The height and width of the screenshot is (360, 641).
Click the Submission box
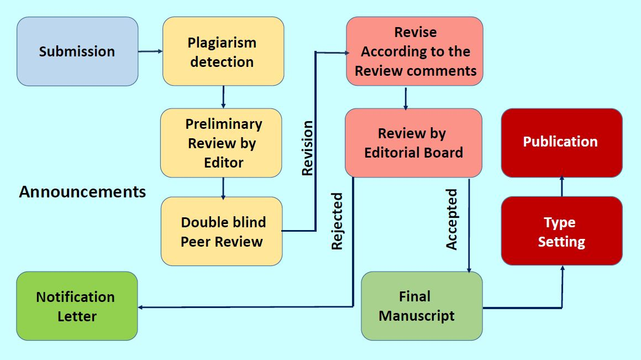pos(77,51)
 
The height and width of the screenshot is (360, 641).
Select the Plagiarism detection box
pos(223,51)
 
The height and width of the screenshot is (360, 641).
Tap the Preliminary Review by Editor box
pos(221,143)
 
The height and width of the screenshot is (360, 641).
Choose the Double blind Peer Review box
pos(222,231)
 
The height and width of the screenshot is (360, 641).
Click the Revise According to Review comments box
pos(415,51)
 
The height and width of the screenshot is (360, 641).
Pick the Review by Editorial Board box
pos(413,143)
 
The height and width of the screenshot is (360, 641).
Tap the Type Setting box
pos(561,231)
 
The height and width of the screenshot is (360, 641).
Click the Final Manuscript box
pos(422,306)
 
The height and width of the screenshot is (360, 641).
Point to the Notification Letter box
pos(77,306)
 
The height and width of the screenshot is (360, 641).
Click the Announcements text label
pos(83,192)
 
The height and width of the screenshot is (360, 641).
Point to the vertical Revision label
pos(307,148)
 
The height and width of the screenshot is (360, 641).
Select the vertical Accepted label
pos(452,220)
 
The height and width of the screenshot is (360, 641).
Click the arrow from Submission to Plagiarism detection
pos(150,51)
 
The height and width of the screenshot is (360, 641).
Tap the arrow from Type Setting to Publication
pos(561,187)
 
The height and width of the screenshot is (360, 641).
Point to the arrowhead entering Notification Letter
pos(141,307)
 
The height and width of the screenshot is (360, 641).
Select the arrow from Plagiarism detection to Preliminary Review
pos(223,97)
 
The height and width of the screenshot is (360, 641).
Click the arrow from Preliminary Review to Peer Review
pos(223,187)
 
